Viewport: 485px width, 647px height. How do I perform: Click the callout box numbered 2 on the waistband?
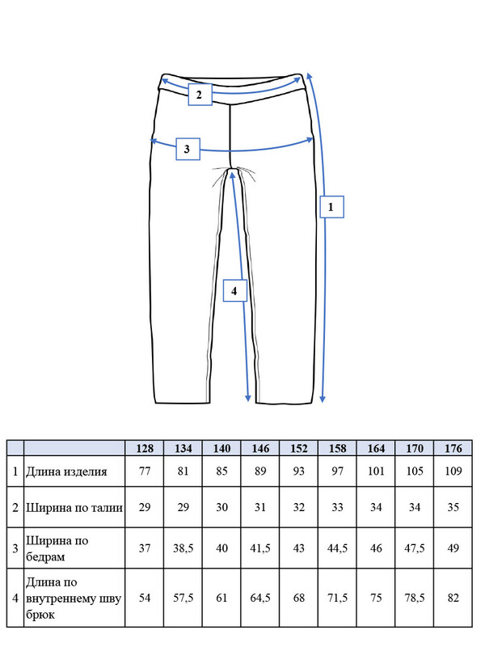click(x=200, y=95)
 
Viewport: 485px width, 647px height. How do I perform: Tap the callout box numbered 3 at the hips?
click(x=188, y=149)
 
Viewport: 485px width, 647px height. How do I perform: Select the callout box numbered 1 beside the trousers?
click(x=331, y=206)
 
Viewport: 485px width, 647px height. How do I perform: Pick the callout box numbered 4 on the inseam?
click(x=235, y=290)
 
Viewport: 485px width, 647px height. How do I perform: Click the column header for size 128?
click(x=145, y=448)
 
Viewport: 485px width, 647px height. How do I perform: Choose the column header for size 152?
click(x=298, y=448)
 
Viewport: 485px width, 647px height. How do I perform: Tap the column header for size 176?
click(x=453, y=448)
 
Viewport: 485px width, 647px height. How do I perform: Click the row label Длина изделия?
click(x=66, y=472)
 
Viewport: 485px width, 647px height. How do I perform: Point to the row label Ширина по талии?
click(x=74, y=507)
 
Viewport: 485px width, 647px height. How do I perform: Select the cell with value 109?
click(x=453, y=471)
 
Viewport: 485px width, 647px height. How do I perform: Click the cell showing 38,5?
click(x=183, y=548)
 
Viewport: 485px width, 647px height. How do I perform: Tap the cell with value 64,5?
click(x=260, y=598)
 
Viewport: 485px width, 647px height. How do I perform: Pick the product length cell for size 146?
click(x=260, y=471)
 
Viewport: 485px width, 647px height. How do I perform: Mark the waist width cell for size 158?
click(x=337, y=507)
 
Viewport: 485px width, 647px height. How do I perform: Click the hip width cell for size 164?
click(x=376, y=548)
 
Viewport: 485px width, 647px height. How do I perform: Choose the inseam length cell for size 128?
click(x=145, y=598)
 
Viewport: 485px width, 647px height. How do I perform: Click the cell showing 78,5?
click(x=415, y=598)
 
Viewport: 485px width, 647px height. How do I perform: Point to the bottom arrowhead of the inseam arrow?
click(x=248, y=398)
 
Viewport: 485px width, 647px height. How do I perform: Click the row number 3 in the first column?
click(x=15, y=548)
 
